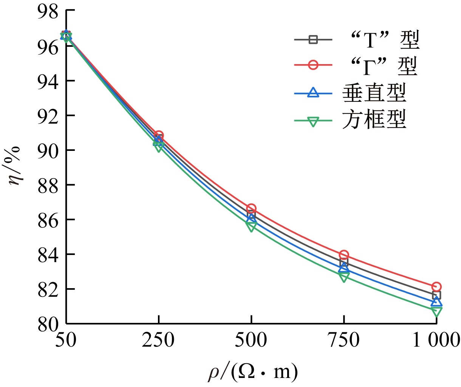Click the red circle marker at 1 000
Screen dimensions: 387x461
[x=436, y=287]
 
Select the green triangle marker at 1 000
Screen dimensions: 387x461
[x=436, y=312]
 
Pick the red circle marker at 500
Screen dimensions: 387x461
[x=251, y=209]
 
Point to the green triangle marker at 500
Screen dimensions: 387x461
[x=251, y=226]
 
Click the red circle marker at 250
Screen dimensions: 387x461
[x=159, y=135]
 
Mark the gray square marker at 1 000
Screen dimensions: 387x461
[x=436, y=295]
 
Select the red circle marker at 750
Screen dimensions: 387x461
[x=343, y=255]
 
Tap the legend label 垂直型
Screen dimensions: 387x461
[x=374, y=92]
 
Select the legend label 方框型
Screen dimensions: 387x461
[x=374, y=120]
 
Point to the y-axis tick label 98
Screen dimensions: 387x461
[x=48, y=11]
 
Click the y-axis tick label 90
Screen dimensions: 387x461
[x=48, y=150]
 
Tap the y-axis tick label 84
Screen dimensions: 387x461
[x=48, y=254]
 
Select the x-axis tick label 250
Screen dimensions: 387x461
[x=159, y=341]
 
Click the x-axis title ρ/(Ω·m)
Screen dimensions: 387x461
[x=253, y=372]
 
